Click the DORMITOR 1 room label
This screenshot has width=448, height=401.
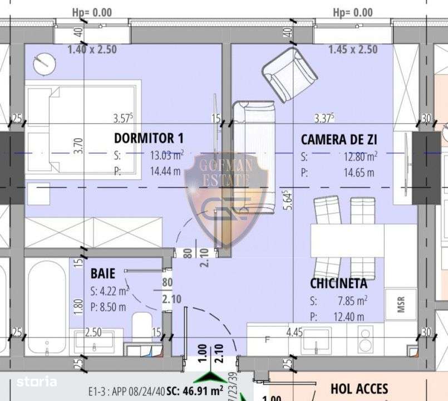click(149, 138)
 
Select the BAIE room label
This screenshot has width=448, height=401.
click(102, 273)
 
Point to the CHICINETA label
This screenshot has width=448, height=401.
click(338, 283)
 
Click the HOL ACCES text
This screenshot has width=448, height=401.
click(359, 388)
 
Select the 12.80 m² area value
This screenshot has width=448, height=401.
click(361, 157)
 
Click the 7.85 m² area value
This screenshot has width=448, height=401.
click(354, 301)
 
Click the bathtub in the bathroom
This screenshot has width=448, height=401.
click(46, 306)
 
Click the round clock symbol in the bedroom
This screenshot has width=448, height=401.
click(43, 63)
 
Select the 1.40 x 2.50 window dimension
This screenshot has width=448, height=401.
click(92, 50)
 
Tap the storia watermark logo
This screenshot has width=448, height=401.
click(37, 382)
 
